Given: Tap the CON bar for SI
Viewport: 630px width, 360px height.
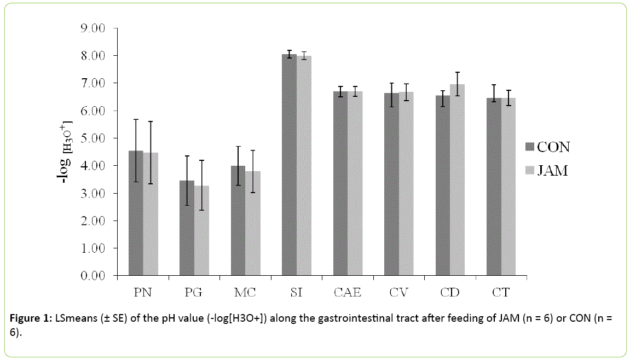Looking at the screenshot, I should (289, 164).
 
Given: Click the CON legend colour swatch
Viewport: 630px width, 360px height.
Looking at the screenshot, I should (529, 147).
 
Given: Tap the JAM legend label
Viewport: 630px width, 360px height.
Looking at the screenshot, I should (552, 171).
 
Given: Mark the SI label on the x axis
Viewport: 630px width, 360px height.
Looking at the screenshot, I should (296, 293).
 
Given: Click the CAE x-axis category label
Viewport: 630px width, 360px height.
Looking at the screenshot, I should (347, 293).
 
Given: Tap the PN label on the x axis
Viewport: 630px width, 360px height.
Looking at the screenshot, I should (143, 293).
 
